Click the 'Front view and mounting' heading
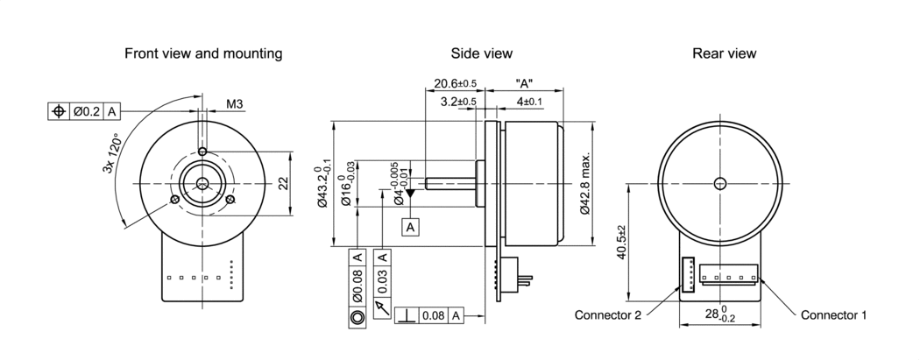click(x=203, y=53)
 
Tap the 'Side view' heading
click(x=481, y=53)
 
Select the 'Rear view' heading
click(x=724, y=53)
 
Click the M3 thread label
click(x=235, y=105)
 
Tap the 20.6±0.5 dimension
click(x=455, y=84)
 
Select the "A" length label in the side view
click(x=526, y=84)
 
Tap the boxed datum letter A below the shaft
click(x=411, y=227)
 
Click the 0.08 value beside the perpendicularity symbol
click(x=432, y=315)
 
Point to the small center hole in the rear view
click(x=720, y=183)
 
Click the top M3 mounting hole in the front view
click(x=202, y=152)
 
